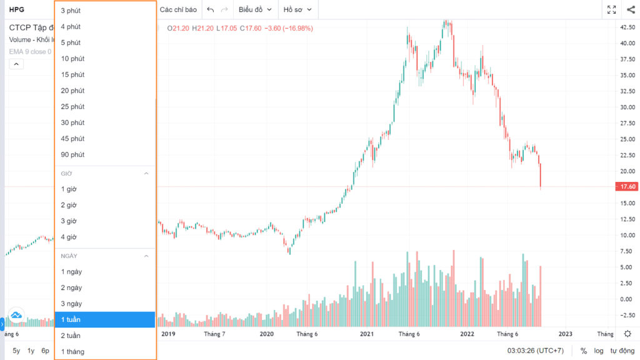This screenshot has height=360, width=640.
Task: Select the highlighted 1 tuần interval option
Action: point(105,319)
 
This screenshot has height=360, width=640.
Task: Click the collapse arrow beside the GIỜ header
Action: point(146,174)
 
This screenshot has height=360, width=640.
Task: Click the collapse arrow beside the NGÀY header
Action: point(146,256)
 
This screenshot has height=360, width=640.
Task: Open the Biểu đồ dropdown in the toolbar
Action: point(255,9)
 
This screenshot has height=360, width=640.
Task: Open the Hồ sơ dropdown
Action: point(297,9)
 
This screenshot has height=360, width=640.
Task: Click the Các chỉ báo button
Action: point(178,9)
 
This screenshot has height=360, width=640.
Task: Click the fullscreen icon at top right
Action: point(611,10)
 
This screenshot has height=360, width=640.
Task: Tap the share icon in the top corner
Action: point(631,10)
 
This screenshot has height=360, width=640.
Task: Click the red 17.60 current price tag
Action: point(626,186)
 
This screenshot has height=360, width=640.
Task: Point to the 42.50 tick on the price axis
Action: point(627,27)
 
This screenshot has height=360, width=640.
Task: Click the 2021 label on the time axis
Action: point(366,334)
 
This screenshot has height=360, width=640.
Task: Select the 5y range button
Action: point(16,351)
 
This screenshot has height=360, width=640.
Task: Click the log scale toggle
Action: point(599,351)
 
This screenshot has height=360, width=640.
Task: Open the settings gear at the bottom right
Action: point(627,334)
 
